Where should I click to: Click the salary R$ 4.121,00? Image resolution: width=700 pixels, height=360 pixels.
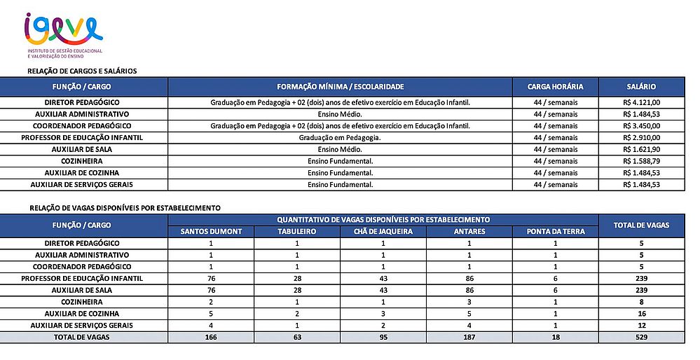click(x=641, y=102)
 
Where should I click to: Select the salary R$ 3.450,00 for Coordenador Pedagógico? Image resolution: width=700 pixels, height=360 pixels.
click(x=641, y=126)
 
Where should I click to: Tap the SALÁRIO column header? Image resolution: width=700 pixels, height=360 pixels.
click(x=641, y=87)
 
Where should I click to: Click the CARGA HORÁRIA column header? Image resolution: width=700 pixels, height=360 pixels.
click(x=555, y=87)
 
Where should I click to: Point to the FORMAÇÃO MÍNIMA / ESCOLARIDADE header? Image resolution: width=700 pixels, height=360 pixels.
click(x=341, y=87)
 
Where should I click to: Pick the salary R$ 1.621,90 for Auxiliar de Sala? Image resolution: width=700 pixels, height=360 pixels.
click(x=641, y=149)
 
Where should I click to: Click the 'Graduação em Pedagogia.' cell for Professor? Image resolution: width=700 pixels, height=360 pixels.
click(x=341, y=138)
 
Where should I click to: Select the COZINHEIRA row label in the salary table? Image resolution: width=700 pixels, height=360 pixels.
click(x=82, y=161)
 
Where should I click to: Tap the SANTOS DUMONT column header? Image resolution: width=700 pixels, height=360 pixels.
click(x=211, y=231)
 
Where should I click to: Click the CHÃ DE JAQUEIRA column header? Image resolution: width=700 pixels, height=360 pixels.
click(x=383, y=231)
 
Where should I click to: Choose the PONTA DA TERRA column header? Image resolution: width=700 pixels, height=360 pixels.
click(x=555, y=231)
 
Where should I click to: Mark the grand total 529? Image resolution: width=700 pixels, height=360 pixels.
click(x=641, y=338)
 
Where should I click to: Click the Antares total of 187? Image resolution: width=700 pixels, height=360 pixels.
click(x=469, y=338)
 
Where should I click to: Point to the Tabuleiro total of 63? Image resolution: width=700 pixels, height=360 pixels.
click(x=297, y=338)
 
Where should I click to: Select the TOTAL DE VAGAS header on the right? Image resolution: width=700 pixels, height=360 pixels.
click(x=641, y=226)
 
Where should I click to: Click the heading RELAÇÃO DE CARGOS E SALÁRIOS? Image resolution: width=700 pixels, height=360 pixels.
click(x=82, y=71)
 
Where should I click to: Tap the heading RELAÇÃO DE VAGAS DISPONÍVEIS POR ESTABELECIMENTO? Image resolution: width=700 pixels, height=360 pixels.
click(x=125, y=208)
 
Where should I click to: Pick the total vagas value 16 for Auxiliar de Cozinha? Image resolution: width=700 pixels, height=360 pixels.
click(x=641, y=314)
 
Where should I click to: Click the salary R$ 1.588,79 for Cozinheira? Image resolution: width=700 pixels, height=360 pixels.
click(x=641, y=161)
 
